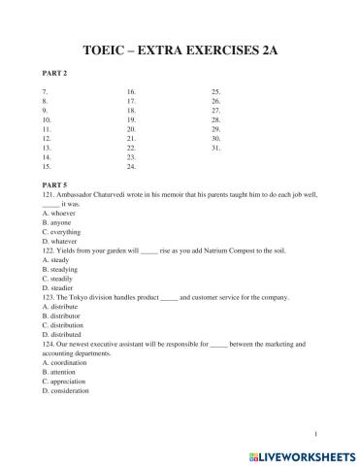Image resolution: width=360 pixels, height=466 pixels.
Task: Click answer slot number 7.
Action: click(x=47, y=91)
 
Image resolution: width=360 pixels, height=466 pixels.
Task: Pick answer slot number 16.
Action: click(x=131, y=91)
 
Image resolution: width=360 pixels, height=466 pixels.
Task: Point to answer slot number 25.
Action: click(x=215, y=91)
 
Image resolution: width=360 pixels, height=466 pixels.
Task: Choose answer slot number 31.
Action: click(x=215, y=147)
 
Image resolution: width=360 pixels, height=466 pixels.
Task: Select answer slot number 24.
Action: click(x=131, y=165)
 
